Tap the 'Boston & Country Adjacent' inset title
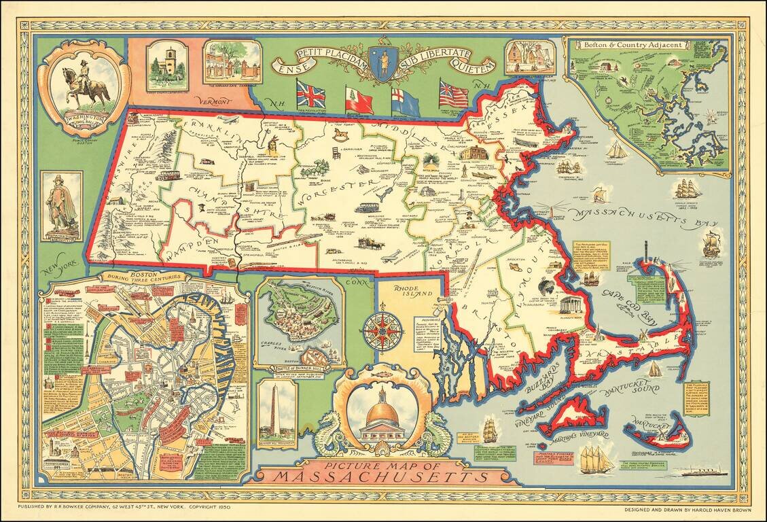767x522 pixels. [613, 44]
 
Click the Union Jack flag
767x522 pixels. [310, 94]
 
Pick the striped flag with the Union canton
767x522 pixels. [454, 94]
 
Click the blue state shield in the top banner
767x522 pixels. [384, 63]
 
